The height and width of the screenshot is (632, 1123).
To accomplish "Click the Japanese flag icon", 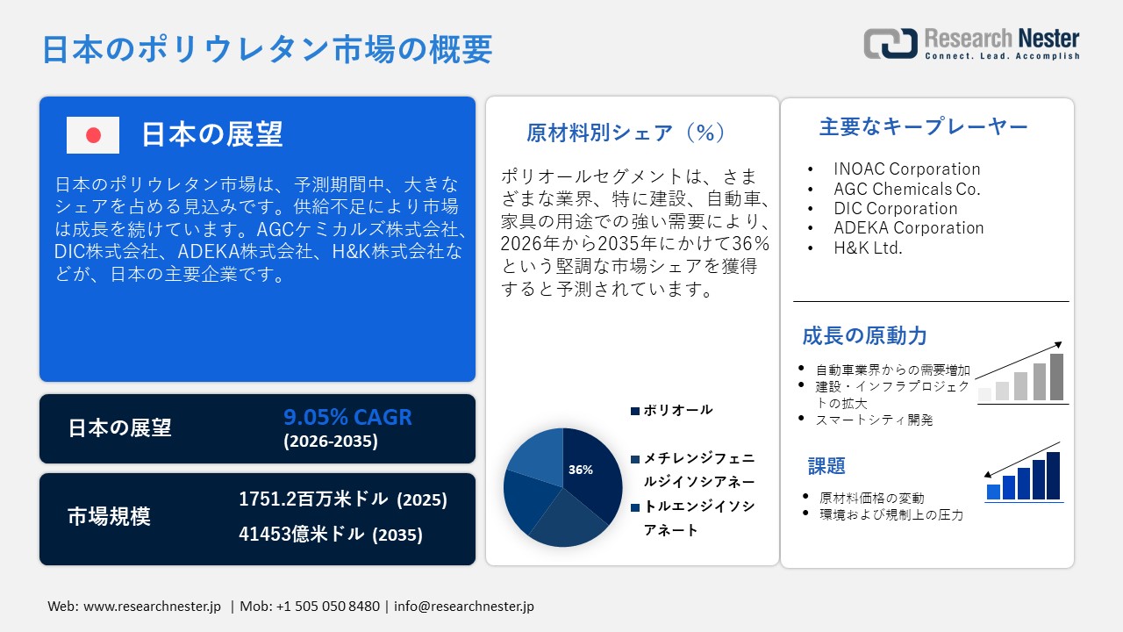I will click(x=93, y=135).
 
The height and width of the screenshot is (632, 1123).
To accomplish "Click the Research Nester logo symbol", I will click(x=890, y=43).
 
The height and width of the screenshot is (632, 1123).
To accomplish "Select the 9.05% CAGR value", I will click(x=347, y=417).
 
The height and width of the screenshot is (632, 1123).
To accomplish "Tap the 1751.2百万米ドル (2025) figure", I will click(x=343, y=499).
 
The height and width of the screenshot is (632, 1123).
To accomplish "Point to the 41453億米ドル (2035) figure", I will click(x=331, y=534).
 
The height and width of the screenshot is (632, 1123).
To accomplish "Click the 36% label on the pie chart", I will click(x=580, y=470).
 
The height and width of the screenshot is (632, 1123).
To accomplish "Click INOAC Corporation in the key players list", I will click(x=906, y=169).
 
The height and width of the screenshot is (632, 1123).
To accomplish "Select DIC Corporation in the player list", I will click(x=895, y=208).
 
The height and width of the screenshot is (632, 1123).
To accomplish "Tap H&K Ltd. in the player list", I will click(x=868, y=248).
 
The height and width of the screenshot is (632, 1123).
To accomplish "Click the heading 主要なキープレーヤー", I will click(x=923, y=127).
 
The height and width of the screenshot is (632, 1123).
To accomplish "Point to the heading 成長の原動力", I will click(x=864, y=335).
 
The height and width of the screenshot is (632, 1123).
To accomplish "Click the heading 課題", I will click(x=826, y=465).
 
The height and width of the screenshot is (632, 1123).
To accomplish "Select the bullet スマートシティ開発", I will click(x=874, y=420).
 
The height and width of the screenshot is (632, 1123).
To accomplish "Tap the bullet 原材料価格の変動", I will click(x=871, y=498).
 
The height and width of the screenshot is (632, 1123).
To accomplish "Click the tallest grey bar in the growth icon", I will click(x=1056, y=377).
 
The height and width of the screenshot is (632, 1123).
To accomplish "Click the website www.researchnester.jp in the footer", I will click(x=152, y=607).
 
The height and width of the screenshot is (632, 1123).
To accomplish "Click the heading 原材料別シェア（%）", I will click(x=626, y=133).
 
